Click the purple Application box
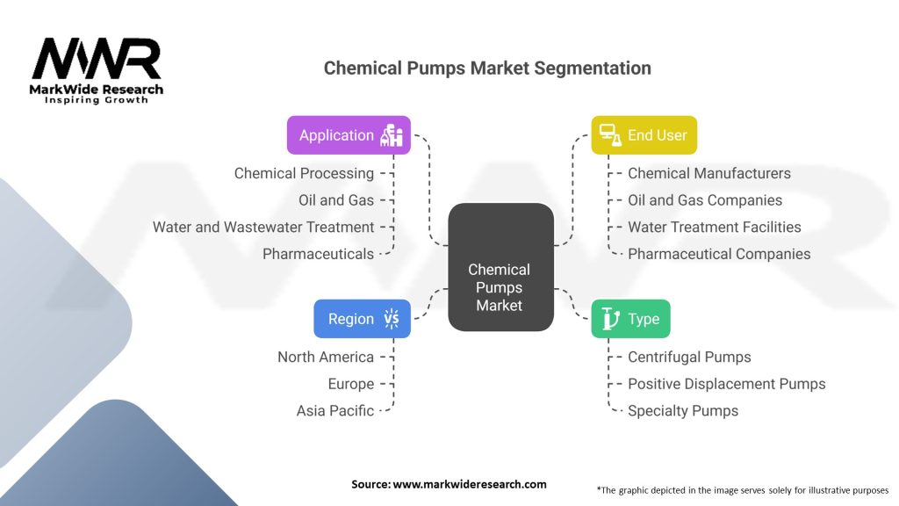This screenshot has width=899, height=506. [349, 135]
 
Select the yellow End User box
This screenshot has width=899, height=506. [644, 135]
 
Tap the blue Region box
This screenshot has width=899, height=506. [362, 318]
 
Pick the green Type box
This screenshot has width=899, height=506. [630, 318]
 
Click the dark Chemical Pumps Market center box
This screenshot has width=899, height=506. [500, 267]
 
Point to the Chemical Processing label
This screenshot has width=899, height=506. [304, 173]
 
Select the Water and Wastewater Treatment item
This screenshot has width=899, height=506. [263, 228]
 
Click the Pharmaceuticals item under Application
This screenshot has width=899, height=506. [318, 254]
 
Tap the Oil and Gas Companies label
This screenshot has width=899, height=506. [705, 200]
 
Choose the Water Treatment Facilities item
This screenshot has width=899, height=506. [715, 228]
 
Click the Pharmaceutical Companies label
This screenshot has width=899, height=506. [719, 254]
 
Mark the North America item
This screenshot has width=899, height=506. [326, 357]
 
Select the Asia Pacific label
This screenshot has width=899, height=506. [334, 411]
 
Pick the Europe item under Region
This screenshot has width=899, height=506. [351, 384]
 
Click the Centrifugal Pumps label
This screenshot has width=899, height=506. [689, 357]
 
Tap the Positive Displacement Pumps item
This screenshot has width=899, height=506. [726, 384]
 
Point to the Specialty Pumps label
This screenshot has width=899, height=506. [683, 411]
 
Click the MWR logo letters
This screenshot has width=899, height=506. [97, 59]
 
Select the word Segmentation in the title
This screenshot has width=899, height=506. [593, 69]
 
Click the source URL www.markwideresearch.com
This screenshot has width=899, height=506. [470, 484]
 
